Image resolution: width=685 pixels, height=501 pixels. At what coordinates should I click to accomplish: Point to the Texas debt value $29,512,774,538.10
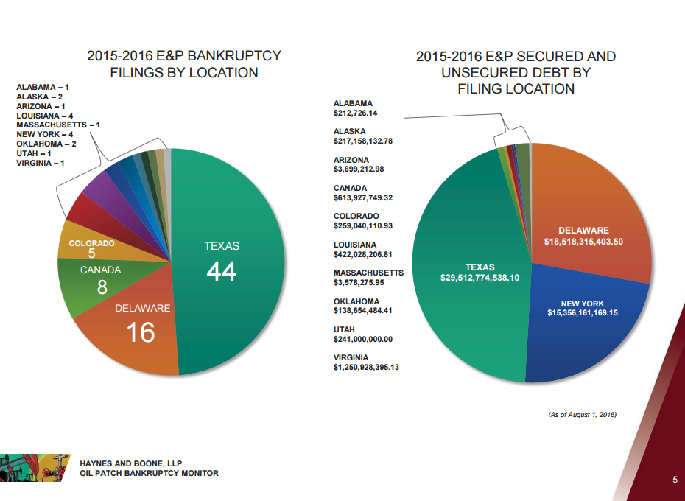[x=479, y=278]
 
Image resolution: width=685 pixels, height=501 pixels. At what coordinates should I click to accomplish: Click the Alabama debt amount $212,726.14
[x=355, y=113]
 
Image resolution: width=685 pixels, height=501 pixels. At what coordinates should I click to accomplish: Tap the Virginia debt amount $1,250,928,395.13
[x=366, y=367]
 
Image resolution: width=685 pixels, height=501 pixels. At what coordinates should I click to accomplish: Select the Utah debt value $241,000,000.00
[x=362, y=339]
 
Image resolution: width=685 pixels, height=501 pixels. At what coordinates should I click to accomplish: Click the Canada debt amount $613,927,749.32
[x=362, y=198]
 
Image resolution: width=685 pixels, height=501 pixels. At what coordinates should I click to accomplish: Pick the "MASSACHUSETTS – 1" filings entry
[x=58, y=125]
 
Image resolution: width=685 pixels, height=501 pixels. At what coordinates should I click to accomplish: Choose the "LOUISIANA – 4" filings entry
[x=44, y=116]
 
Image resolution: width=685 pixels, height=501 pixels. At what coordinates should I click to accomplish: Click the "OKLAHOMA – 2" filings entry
[x=46, y=144]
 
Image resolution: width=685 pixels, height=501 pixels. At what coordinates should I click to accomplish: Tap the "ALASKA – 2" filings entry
[x=38, y=97]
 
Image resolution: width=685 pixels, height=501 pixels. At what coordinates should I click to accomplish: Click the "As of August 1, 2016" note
[x=582, y=416]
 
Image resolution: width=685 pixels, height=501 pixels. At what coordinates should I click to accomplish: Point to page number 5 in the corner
[x=675, y=480]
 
